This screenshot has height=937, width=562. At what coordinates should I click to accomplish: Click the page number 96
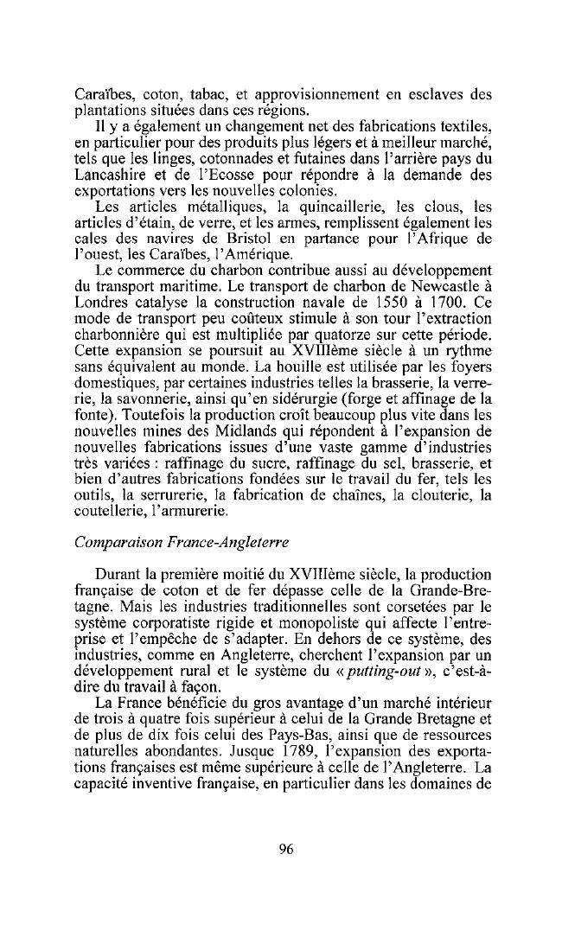[287, 849]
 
